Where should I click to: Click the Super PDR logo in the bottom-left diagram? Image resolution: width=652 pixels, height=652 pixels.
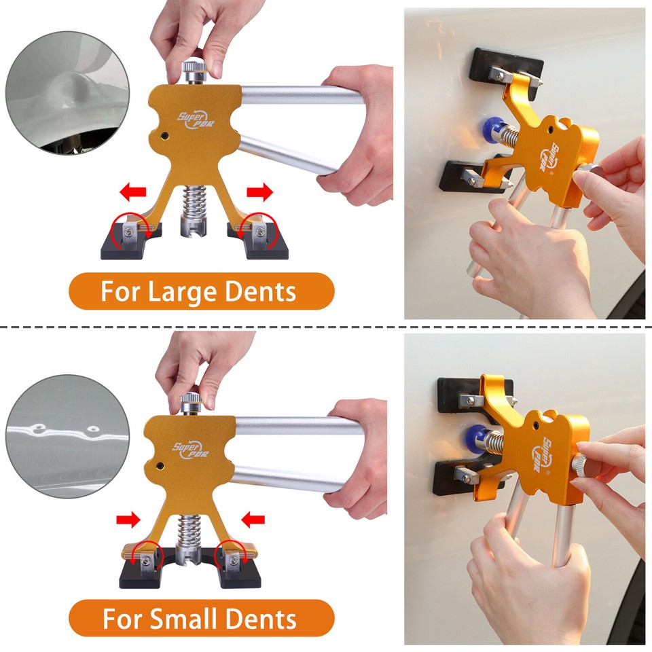click(191, 449)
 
